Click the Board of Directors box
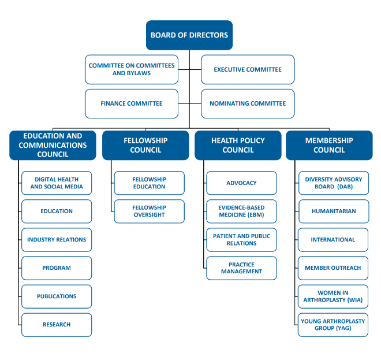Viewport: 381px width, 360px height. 189,35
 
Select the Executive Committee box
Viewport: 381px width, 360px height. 248,69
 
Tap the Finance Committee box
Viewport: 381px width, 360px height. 132,103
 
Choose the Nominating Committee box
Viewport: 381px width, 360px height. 248,103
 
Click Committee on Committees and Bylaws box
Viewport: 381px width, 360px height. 132,69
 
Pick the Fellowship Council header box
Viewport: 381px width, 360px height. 145,146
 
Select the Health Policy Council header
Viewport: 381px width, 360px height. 238,146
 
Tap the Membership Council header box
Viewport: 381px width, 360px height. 329,146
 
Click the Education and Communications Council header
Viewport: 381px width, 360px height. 53,146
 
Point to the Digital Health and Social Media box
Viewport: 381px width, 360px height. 57,183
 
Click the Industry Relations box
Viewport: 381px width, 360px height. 57,240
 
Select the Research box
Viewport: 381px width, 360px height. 57,325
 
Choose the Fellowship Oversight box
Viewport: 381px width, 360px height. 149,211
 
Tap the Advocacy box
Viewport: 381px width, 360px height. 241,183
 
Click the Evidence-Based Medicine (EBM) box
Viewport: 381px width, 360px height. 241,211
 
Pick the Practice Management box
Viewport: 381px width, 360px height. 241,268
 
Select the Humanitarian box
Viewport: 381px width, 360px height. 334,211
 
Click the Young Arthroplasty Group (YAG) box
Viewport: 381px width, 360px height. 333,325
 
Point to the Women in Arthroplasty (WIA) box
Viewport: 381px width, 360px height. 333,296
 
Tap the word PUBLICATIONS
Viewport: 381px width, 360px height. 57,296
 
